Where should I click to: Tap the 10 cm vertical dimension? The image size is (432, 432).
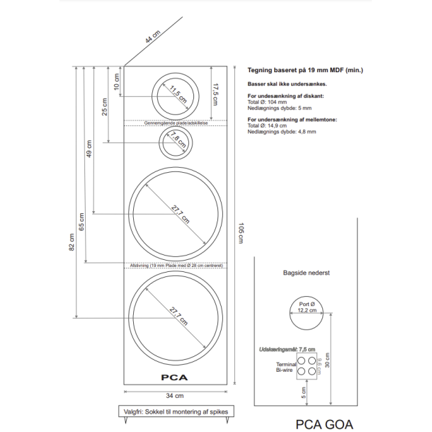click(117, 81)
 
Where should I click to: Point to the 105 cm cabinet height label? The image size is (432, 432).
click(240, 232)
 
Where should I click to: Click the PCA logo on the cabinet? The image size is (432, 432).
click(174, 377)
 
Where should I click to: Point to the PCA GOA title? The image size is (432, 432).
click(323, 424)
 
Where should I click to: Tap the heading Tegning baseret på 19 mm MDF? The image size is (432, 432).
click(305, 71)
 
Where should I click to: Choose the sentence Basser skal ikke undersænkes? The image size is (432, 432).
click(287, 84)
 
